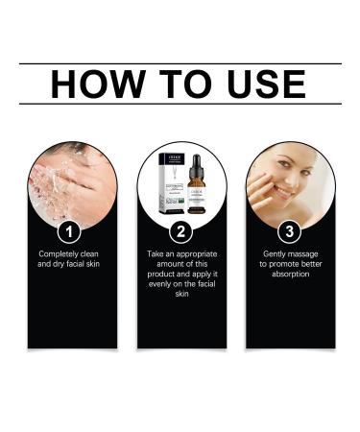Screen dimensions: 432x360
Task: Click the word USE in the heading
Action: click(x=267, y=84)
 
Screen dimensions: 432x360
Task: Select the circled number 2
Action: click(x=179, y=231)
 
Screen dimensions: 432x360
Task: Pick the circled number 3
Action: click(x=291, y=231)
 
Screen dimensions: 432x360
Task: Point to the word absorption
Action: click(x=290, y=274)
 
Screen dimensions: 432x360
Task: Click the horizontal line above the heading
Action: click(x=180, y=63)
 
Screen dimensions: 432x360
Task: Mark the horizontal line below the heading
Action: click(x=180, y=104)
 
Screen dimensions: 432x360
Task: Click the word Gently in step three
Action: click(x=275, y=254)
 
